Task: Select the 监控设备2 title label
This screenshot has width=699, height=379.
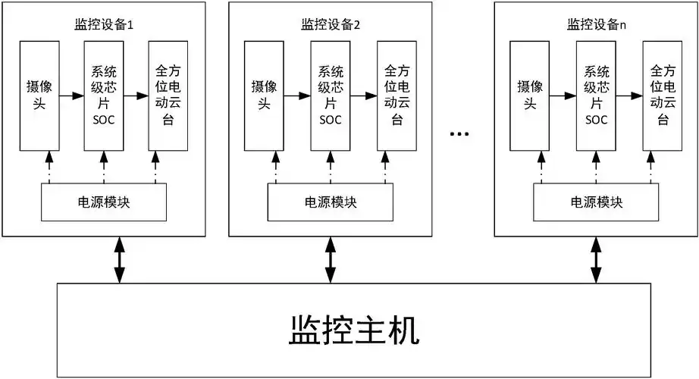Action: (x=329, y=23)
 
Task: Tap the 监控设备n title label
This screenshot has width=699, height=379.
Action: (x=595, y=23)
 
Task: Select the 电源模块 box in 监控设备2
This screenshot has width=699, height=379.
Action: (x=330, y=202)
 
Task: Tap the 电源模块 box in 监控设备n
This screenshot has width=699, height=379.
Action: (x=596, y=202)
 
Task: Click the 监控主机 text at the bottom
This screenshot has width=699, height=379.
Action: (x=353, y=331)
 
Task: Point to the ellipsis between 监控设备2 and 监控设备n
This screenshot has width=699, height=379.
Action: (x=459, y=134)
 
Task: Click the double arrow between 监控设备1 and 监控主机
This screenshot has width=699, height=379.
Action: (x=118, y=259)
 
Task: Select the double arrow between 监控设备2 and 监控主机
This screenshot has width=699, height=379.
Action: (x=330, y=259)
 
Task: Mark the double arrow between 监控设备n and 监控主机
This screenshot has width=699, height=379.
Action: (x=596, y=259)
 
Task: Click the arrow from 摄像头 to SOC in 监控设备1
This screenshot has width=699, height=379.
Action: (x=70, y=96)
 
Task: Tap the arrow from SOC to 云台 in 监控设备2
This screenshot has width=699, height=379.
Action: (x=364, y=96)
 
